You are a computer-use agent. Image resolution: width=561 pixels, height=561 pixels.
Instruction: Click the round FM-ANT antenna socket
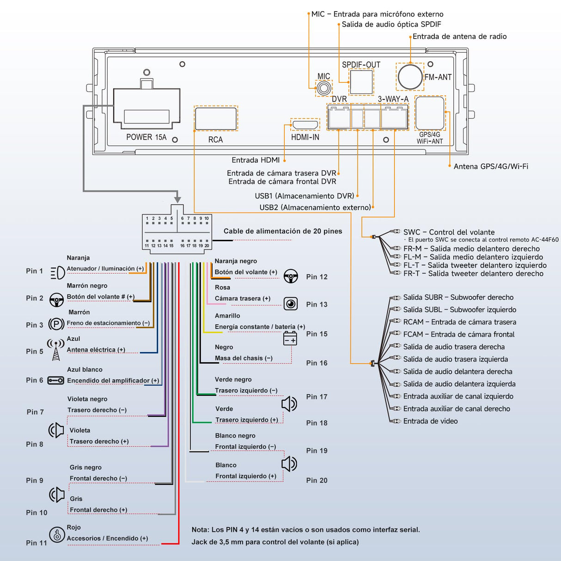click(x=410, y=77)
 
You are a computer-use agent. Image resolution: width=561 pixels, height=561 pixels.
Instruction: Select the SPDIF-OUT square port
click(x=361, y=82)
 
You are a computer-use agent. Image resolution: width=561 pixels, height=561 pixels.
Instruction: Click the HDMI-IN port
click(x=305, y=125)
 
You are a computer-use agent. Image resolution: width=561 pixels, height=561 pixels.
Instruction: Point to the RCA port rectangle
click(x=216, y=118)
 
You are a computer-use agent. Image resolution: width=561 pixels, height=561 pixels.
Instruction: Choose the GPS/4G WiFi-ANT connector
click(x=430, y=113)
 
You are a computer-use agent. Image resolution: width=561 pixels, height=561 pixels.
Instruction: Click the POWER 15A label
click(x=146, y=137)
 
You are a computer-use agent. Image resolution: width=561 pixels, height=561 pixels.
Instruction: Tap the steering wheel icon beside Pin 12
click(x=290, y=276)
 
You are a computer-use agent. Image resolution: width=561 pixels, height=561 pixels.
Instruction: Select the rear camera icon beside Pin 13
click(x=290, y=304)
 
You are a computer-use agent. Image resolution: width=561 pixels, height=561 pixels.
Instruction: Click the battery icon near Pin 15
click(x=290, y=339)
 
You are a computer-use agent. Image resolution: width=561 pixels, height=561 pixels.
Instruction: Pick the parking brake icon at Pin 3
click(x=56, y=324)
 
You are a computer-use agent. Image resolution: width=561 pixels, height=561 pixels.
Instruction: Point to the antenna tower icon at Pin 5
click(x=56, y=350)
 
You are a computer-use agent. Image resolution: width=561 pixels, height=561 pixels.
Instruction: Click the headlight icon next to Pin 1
click(x=57, y=273)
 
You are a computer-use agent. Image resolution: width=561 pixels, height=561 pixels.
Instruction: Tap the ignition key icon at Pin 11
click(x=57, y=535)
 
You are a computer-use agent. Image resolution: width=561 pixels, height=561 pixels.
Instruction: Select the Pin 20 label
click(x=317, y=481)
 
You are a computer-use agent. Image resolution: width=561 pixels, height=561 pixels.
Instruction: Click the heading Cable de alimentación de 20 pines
click(x=283, y=231)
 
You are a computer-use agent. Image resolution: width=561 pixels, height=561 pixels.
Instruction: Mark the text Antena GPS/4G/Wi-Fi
click(x=491, y=166)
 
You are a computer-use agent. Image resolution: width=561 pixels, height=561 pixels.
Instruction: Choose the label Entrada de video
click(x=430, y=421)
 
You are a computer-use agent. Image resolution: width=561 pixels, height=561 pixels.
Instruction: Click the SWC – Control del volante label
click(x=449, y=232)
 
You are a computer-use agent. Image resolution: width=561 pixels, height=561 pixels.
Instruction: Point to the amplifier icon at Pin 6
click(x=56, y=380)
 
